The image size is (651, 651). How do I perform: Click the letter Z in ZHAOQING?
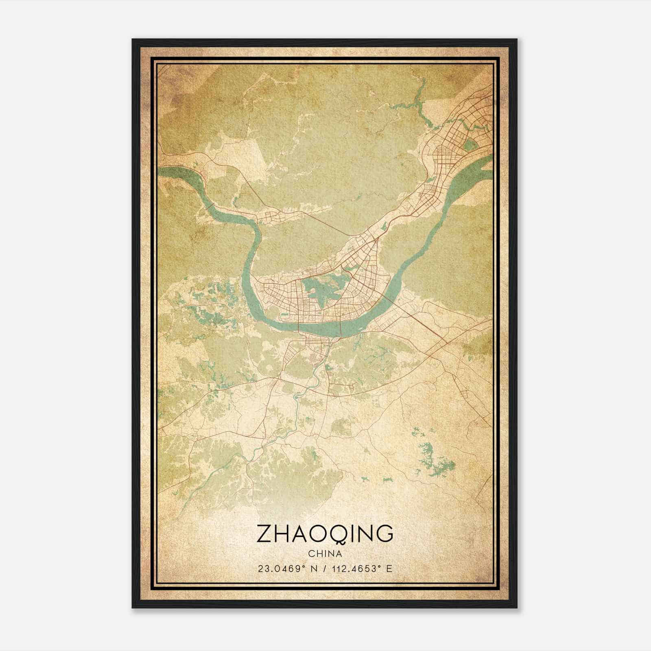coord(265,534)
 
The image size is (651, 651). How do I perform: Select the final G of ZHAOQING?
coord(384,534)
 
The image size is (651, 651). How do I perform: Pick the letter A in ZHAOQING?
coord(303,534)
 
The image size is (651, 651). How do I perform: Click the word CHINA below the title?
coord(325,554)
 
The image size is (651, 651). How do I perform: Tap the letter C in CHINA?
coord(311,554)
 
